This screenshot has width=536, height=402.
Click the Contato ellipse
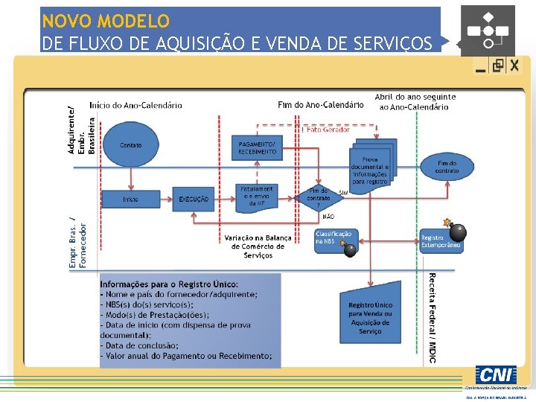130,145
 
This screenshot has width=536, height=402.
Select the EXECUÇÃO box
194,199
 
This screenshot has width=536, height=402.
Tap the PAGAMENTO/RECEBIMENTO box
258,147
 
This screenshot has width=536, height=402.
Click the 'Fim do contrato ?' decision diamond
319,197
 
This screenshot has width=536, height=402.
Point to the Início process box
130,199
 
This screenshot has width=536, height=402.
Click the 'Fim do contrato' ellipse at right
447,167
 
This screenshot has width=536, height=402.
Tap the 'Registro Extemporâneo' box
441,241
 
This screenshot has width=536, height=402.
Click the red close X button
514,66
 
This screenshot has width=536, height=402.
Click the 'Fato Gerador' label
328,130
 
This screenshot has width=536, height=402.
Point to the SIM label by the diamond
343,193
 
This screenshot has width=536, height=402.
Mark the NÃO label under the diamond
328,217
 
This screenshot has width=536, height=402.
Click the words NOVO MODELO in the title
106,21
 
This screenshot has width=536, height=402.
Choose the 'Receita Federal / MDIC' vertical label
433,318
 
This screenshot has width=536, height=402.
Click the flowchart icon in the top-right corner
488,29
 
